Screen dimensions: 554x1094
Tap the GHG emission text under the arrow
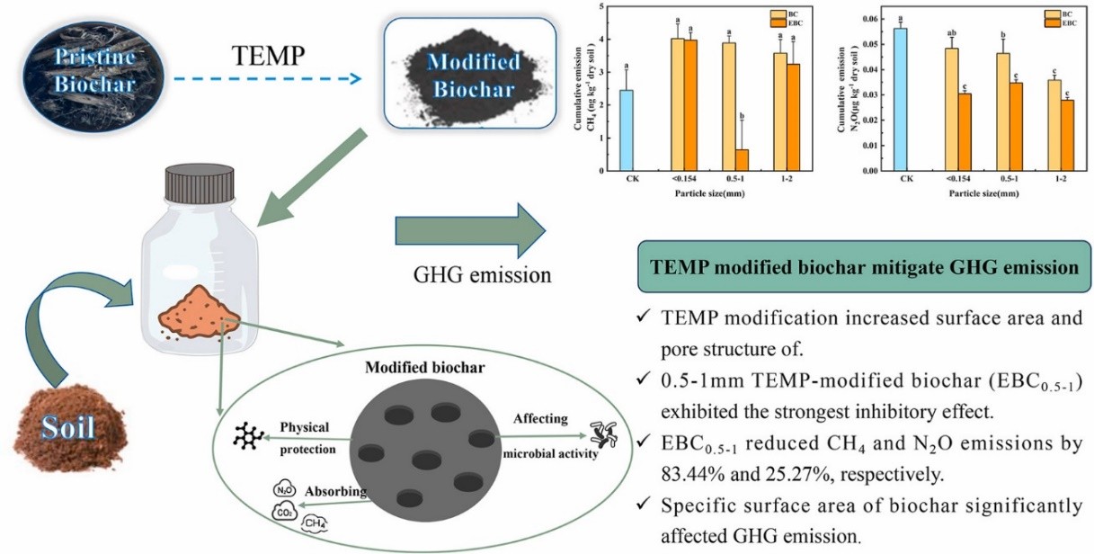tap(477, 274)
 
